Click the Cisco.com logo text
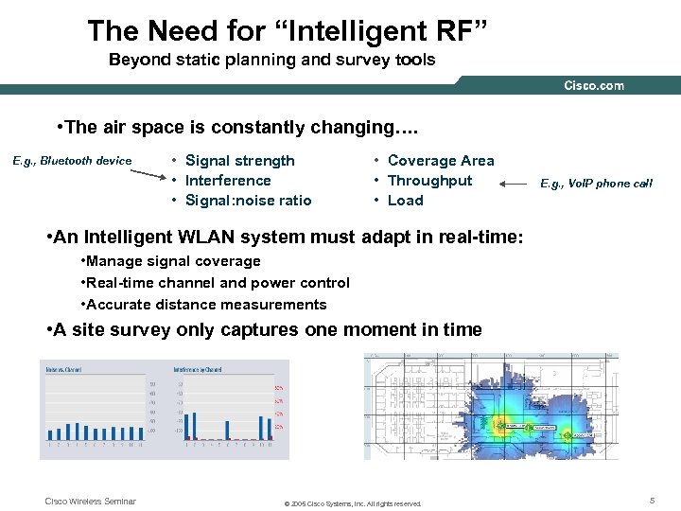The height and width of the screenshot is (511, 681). [x=593, y=85]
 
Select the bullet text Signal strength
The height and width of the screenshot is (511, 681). [x=240, y=161]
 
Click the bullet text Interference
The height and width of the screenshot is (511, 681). [x=228, y=181]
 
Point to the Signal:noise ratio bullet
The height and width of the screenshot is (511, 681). [x=249, y=201]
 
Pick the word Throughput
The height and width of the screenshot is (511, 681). [x=429, y=181]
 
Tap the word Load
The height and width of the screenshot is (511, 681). [x=406, y=201]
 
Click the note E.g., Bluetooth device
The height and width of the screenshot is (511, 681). [x=72, y=161]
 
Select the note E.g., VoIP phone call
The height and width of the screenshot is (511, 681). [x=596, y=184]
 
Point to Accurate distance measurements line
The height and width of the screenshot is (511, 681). [x=208, y=305]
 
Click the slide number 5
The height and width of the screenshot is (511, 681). [x=652, y=501]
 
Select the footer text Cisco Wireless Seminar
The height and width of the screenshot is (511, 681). [x=91, y=502]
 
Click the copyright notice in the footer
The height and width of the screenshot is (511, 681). [x=353, y=503]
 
